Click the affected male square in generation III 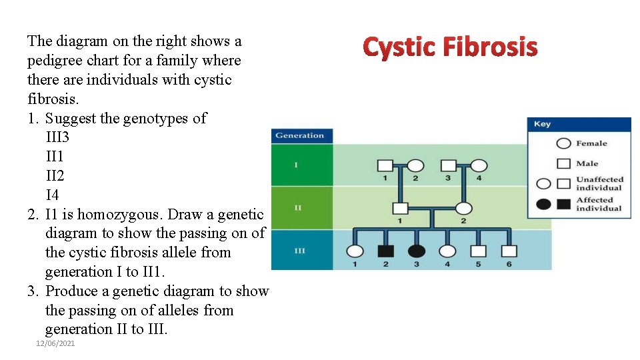tap(386, 251)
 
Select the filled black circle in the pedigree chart tap(417, 251)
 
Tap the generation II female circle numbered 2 tap(463, 208)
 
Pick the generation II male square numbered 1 tap(400, 208)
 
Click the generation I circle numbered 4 tap(479, 165)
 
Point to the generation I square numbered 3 tap(448, 165)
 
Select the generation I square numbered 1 tap(385, 165)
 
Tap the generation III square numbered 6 tap(509, 251)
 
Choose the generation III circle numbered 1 tap(355, 251)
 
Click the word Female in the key tap(591, 143)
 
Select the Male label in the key tap(587, 163)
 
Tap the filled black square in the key tap(563, 204)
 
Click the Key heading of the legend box tap(543, 124)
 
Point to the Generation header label tap(299, 135)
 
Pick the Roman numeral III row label tap(300, 251)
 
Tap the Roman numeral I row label tap(297, 165)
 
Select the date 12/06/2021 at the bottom tap(55, 343)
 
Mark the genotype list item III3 tap(57, 137)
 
